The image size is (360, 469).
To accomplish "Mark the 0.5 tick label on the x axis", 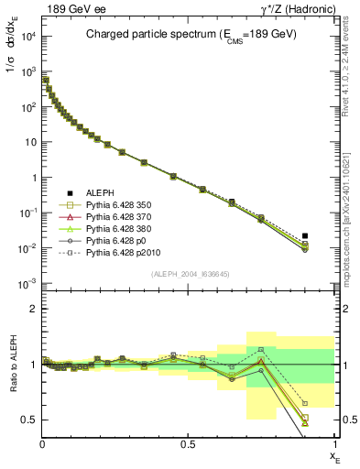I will click(188, 444).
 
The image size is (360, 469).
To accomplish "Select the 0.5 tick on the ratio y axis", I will click(27, 420).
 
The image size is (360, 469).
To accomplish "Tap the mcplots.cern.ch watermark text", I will click(352, 211).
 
